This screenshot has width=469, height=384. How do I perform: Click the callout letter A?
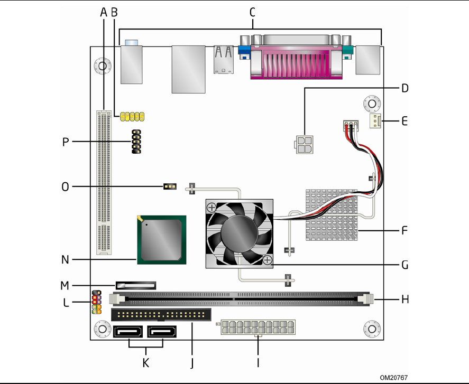(x=104, y=13)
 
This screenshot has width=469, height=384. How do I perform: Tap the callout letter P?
(x=66, y=142)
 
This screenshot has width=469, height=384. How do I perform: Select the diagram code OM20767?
(x=393, y=378)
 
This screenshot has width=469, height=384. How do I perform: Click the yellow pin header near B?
(x=132, y=117)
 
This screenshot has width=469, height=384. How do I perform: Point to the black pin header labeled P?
(x=136, y=142)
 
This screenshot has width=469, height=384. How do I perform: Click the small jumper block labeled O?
(x=170, y=187)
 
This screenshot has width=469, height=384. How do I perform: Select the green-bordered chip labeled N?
(x=162, y=240)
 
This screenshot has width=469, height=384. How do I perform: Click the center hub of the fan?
(x=240, y=233)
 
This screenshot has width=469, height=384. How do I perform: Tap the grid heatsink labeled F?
(x=332, y=214)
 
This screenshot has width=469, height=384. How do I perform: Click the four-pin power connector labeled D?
(x=304, y=145)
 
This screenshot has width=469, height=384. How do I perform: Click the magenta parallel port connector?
(x=297, y=62)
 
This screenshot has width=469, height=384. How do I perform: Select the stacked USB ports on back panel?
(x=224, y=60)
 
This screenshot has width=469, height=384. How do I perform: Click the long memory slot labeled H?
(x=242, y=299)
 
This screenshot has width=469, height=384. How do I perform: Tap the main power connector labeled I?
(x=258, y=327)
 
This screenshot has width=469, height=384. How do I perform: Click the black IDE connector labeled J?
(x=161, y=315)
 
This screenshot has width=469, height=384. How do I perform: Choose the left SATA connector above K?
(x=128, y=332)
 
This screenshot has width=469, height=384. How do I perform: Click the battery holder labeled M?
(x=136, y=285)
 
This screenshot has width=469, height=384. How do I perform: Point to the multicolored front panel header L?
(x=97, y=302)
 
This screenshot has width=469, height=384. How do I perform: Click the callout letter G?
(x=404, y=265)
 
